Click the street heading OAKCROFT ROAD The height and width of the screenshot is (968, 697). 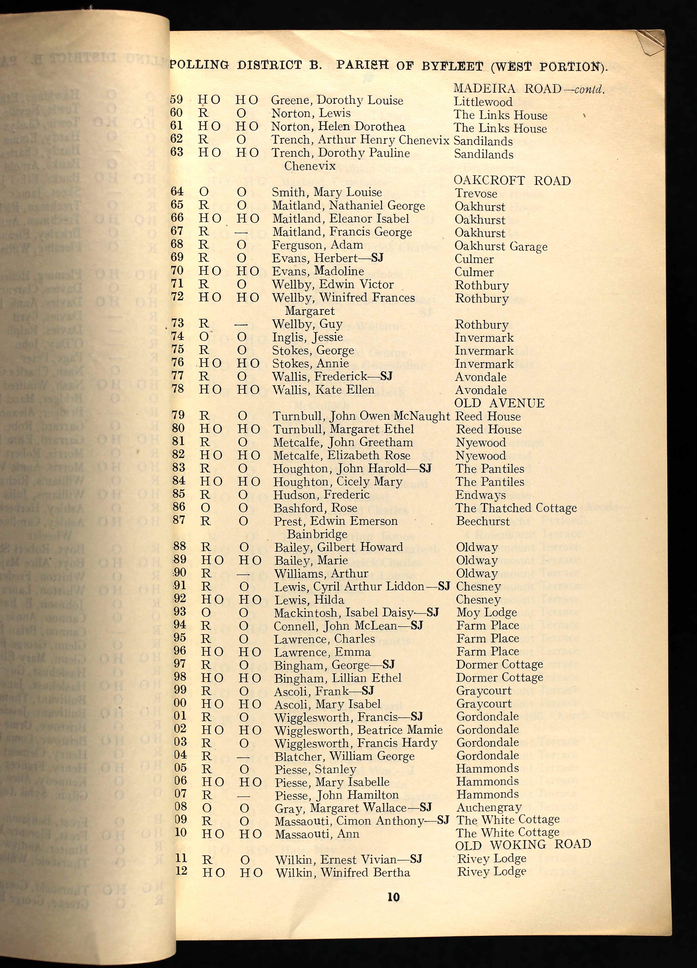coord(512,180)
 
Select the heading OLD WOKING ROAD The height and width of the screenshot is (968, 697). coord(523,844)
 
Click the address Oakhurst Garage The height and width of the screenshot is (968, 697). coord(501,246)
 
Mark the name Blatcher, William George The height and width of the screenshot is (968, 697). coord(344,757)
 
